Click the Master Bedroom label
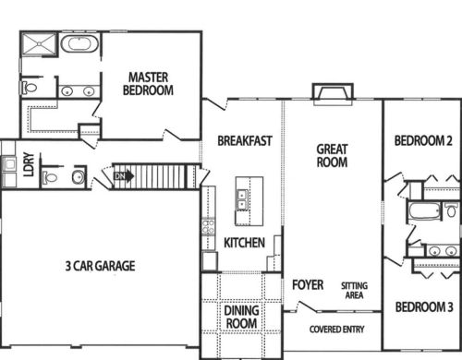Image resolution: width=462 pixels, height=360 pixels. click(148, 84)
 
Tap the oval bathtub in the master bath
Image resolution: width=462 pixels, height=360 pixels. click(79, 44)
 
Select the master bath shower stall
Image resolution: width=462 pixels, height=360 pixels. click(39, 44)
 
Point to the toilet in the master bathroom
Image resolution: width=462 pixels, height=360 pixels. click(29, 88)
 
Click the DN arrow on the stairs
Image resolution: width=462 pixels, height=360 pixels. click(124, 176)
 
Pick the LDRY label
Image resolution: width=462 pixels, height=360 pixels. click(29, 164)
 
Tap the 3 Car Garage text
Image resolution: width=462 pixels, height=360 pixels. click(100, 266)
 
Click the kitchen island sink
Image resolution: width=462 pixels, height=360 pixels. click(241, 200)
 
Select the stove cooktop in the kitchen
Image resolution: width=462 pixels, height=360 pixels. click(208, 227)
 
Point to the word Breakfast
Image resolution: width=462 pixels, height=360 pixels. click(245, 141)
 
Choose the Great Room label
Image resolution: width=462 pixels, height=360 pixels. click(332, 156)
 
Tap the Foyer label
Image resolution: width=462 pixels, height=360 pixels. click(308, 285)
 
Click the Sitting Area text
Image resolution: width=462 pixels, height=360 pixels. click(354, 291)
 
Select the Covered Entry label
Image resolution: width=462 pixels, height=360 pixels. click(336, 330)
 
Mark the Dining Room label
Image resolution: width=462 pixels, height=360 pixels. click(241, 317)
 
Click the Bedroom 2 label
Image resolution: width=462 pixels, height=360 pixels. click(423, 140)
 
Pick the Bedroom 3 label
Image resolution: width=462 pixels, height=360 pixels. click(424, 307)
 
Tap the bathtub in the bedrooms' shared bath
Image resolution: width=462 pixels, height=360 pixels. click(424, 210)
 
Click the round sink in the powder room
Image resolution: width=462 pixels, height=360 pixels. click(79, 176)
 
